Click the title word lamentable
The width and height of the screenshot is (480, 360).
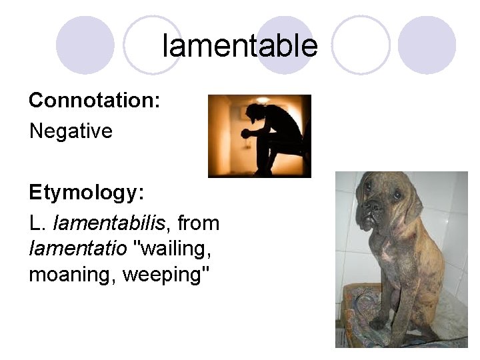tap(240, 46)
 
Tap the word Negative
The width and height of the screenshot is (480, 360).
tap(71, 131)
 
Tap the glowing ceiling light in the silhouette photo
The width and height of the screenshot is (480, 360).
tap(263, 100)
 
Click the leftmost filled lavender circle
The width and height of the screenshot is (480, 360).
tap(85, 45)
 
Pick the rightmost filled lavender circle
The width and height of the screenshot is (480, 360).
tap(427, 45)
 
